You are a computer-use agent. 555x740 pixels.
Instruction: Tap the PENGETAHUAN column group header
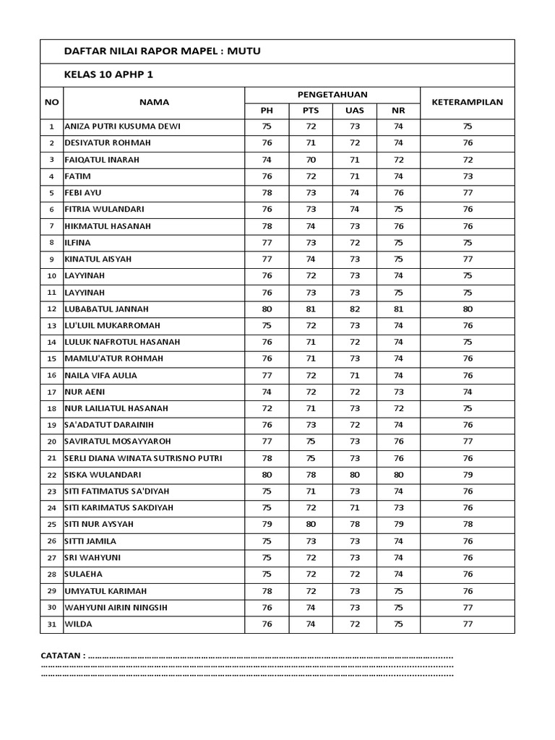click(x=332, y=94)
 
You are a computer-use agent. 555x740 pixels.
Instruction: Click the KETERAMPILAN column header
click(x=467, y=102)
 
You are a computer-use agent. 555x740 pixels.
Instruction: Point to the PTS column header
click(x=310, y=111)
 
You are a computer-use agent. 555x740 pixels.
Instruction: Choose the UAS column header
click(x=354, y=111)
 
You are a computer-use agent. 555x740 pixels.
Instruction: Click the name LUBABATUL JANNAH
click(x=108, y=309)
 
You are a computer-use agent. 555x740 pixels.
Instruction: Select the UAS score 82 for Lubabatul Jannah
click(x=354, y=309)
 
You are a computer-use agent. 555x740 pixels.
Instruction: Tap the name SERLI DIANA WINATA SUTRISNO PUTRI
click(x=143, y=458)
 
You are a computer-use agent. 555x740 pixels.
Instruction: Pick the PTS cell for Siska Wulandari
click(x=310, y=475)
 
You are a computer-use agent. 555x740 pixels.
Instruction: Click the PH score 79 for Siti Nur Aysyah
click(x=267, y=524)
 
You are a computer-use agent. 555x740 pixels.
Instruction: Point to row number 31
click(x=51, y=624)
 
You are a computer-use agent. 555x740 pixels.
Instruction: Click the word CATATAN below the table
click(x=62, y=655)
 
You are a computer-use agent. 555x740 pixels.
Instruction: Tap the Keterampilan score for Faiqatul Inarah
click(x=467, y=160)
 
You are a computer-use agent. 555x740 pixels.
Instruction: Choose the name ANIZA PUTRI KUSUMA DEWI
click(x=122, y=126)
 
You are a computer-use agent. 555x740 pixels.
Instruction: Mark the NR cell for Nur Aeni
click(x=398, y=392)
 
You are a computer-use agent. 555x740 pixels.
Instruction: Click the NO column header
click(x=51, y=102)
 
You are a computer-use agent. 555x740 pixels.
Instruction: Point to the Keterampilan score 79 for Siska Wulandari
click(x=467, y=475)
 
